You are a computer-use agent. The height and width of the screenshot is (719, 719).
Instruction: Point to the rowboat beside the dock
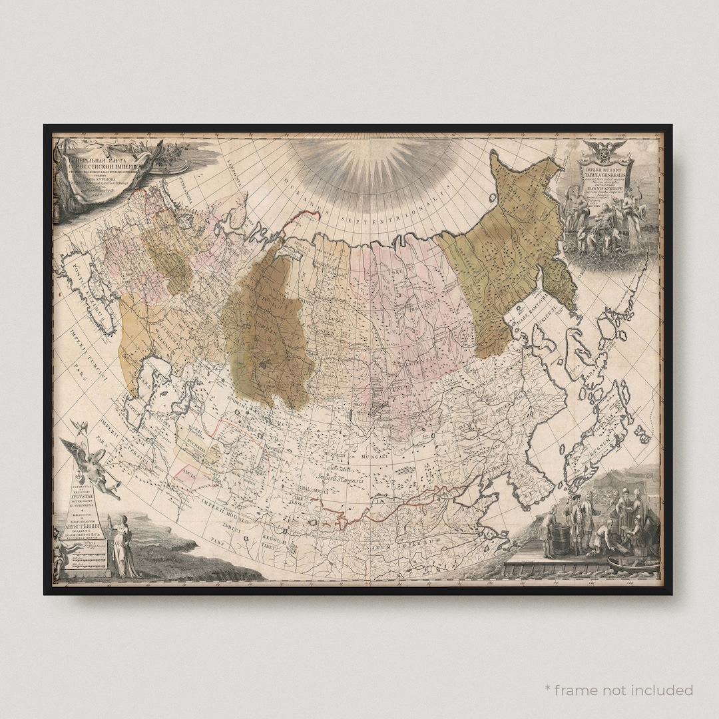pyautogui.click(x=636, y=567)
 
